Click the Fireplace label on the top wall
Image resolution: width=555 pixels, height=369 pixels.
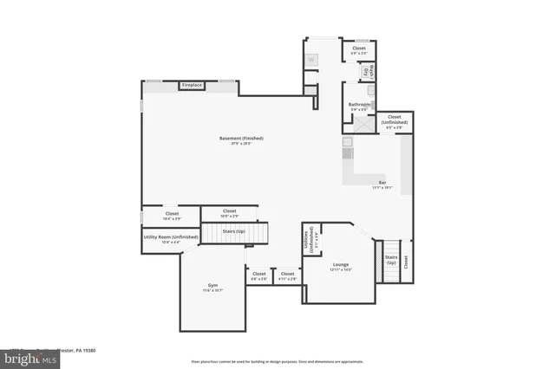[191, 85]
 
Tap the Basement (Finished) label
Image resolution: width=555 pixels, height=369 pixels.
[241, 139]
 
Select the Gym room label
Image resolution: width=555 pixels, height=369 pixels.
[213, 284]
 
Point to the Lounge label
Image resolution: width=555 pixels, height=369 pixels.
[340, 264]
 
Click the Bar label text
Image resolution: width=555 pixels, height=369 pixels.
[382, 182]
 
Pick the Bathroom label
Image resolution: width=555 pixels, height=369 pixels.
[360, 105]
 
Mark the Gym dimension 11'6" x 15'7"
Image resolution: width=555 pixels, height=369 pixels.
[213, 290]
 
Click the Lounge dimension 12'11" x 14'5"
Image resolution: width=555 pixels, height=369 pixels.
[340, 270]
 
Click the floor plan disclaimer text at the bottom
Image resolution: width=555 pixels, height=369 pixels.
[277, 360]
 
